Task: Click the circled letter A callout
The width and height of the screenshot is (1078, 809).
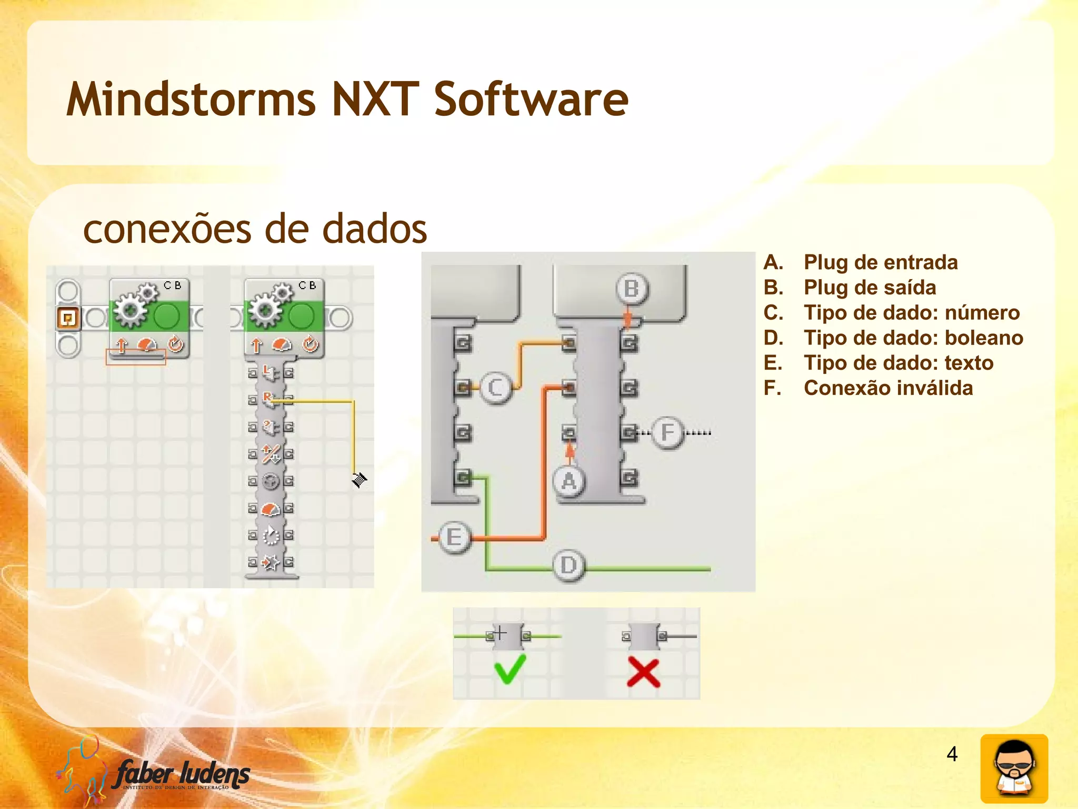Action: [x=568, y=481]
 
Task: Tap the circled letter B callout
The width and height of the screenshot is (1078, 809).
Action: [x=631, y=289]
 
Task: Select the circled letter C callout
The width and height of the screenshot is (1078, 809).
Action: [x=495, y=388]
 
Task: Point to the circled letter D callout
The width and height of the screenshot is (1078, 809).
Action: [x=568, y=565]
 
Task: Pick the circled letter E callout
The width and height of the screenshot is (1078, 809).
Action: [x=454, y=538]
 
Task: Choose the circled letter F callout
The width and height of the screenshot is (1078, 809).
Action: [x=667, y=432]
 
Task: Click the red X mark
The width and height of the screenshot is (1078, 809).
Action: [x=643, y=673]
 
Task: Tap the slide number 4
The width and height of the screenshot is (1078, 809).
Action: [x=952, y=754]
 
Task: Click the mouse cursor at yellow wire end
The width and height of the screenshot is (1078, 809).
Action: [x=359, y=479]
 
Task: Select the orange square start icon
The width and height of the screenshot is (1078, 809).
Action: [x=68, y=318]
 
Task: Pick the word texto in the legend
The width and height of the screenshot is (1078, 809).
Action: [x=969, y=363]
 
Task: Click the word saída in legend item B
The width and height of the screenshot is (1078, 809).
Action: [x=910, y=288]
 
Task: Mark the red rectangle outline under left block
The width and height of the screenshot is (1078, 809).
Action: [x=136, y=357]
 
